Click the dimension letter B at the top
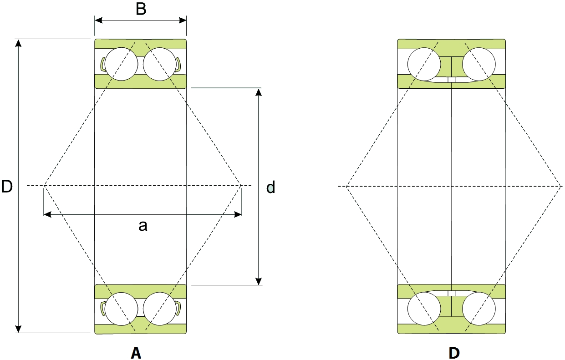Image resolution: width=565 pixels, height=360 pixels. (x=141, y=10)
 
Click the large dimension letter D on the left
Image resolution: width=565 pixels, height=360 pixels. (x=7, y=186)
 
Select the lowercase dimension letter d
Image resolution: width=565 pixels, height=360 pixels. (x=270, y=187)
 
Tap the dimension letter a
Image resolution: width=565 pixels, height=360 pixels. (x=143, y=225)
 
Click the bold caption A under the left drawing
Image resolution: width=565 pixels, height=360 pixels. (x=136, y=353)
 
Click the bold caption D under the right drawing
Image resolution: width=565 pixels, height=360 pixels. (x=454, y=353)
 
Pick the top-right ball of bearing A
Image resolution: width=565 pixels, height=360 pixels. (x=160, y=64)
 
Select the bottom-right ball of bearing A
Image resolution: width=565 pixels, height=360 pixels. (x=160, y=309)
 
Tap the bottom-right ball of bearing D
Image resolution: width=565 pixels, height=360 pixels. (x=479, y=309)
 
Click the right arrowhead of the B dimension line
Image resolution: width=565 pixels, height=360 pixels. (x=183, y=20)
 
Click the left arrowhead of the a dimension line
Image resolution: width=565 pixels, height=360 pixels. (x=47, y=214)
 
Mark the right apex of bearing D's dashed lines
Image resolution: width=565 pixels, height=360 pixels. (x=561, y=186)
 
